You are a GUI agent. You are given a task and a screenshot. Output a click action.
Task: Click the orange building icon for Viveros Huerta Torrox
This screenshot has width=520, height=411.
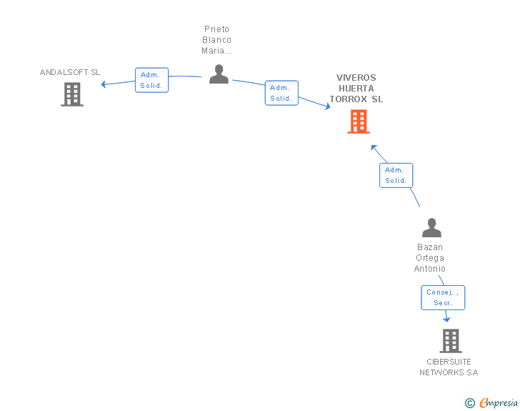click(x=359, y=122)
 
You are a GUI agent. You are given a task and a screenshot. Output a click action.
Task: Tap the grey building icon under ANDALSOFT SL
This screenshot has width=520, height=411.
click(x=72, y=94)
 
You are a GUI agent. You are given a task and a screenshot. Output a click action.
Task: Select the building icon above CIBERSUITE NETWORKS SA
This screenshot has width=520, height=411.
click(x=451, y=341)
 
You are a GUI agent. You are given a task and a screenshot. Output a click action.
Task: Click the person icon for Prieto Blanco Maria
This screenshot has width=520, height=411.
click(x=219, y=74)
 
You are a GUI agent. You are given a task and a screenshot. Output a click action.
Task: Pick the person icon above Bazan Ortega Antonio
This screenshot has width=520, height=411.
click(x=431, y=228)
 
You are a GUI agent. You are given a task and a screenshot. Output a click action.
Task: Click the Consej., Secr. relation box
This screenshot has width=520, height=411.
click(x=443, y=298)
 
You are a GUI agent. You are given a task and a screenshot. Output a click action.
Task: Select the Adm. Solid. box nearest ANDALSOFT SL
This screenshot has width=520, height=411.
click(x=152, y=80)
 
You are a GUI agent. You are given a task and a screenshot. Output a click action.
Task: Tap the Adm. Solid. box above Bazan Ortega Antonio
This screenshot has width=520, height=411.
click(x=396, y=175)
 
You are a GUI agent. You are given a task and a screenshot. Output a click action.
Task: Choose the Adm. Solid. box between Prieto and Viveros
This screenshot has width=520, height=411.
click(x=281, y=93)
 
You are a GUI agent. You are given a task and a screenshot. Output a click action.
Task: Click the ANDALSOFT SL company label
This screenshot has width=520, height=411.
click(x=70, y=72)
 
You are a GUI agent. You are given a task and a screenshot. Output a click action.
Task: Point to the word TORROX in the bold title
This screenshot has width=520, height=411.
click(x=349, y=99)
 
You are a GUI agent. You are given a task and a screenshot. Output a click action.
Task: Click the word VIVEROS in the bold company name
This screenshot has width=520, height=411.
click(x=356, y=78)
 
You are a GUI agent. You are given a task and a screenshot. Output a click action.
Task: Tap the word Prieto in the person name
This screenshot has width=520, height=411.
click(x=217, y=29)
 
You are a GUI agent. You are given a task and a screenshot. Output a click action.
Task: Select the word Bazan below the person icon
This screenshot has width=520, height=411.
click(x=430, y=247)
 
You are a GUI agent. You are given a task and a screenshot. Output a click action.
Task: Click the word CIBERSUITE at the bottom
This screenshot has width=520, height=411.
click(x=449, y=362)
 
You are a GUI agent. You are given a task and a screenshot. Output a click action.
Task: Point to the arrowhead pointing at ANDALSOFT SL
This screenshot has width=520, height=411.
click(x=103, y=84)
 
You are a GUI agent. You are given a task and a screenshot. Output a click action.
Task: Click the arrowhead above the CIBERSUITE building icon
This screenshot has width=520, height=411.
click(x=446, y=320)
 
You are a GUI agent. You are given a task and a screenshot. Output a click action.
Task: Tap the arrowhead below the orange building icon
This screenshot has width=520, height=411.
click(x=374, y=147)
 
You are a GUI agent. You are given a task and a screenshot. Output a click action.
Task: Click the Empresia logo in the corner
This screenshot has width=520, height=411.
click(x=499, y=402)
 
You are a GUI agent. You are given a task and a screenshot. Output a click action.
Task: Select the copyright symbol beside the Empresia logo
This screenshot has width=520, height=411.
click(x=470, y=403)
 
